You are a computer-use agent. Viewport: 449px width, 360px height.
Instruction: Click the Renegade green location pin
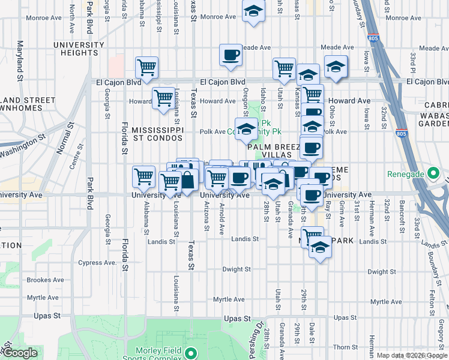(x=432, y=175)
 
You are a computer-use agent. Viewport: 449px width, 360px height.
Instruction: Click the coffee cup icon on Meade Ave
(x=231, y=56)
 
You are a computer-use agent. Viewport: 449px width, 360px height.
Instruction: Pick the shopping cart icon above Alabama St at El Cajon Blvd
(x=146, y=68)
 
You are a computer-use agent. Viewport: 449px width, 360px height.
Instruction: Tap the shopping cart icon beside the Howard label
(x=163, y=98)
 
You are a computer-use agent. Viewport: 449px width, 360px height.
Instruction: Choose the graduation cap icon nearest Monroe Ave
(x=253, y=11)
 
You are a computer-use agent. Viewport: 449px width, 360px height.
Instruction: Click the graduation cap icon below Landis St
(x=320, y=247)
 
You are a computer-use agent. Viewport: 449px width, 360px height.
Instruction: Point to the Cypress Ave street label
(x=95, y=262)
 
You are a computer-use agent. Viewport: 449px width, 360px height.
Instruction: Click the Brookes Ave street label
(x=46, y=280)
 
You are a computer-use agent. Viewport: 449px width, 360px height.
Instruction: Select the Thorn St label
(x=346, y=347)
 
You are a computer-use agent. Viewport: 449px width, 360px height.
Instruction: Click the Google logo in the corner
(x=19, y=353)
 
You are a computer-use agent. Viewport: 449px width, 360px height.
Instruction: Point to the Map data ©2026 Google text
(x=412, y=355)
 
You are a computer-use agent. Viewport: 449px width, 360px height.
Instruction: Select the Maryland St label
(x=20, y=61)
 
